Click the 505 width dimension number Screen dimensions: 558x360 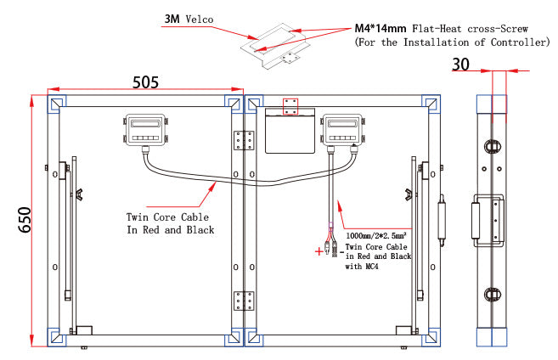tap(145, 82)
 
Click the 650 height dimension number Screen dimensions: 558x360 tap(25, 220)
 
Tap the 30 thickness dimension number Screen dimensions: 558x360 tap(460, 65)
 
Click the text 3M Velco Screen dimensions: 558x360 tap(189, 19)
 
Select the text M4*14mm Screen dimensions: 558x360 tap(380, 29)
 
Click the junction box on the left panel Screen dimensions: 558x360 tap(145, 130)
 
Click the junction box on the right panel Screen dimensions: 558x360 tap(342, 130)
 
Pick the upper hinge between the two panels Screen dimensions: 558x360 tap(244, 140)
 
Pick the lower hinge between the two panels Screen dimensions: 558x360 tap(244, 301)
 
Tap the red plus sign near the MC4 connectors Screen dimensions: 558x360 tap(319, 251)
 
